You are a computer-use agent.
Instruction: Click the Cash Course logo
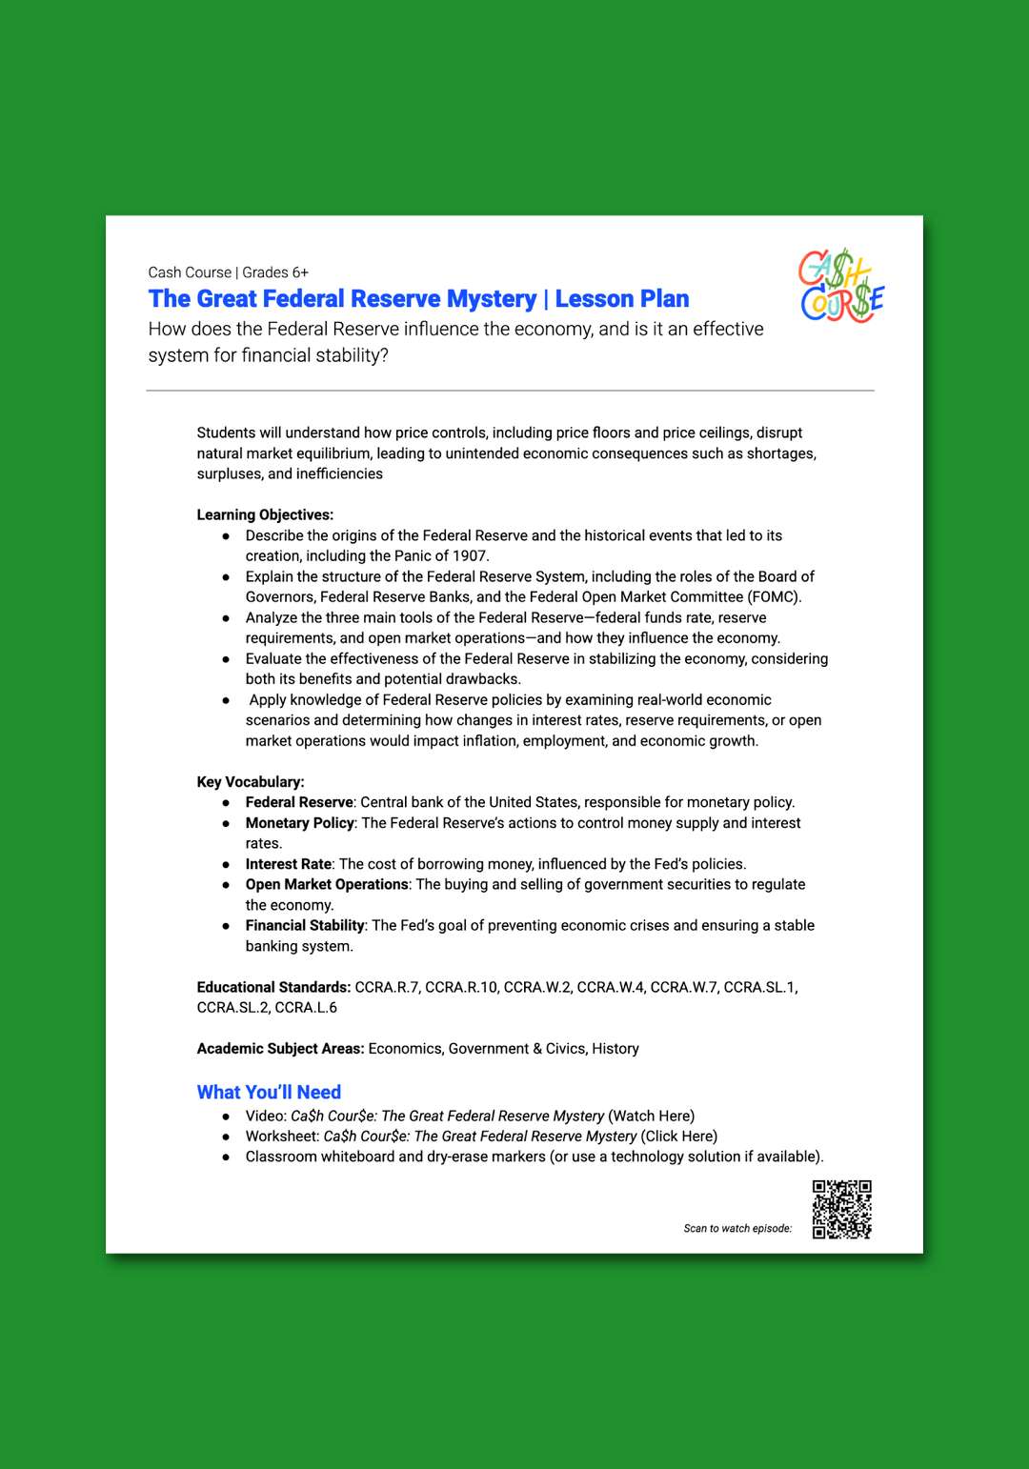(x=841, y=286)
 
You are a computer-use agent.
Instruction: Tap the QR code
(x=841, y=1209)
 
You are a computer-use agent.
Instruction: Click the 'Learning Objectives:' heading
(x=265, y=514)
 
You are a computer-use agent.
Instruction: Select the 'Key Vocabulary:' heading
(x=251, y=781)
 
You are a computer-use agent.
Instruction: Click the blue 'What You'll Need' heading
(x=269, y=1092)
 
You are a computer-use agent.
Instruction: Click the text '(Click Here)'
(x=678, y=1136)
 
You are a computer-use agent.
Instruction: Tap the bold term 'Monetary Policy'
(x=299, y=823)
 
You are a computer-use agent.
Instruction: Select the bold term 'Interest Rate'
(x=289, y=864)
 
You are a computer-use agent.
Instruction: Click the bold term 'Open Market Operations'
(x=327, y=884)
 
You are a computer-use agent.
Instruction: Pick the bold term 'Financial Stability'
(x=305, y=925)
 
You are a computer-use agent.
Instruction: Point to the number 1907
(x=471, y=555)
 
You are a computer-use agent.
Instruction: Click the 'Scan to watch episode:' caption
(x=737, y=1228)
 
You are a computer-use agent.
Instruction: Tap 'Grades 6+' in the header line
(x=275, y=272)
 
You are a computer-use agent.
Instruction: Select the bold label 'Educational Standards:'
(x=273, y=987)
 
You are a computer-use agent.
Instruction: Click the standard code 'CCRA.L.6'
(x=306, y=1007)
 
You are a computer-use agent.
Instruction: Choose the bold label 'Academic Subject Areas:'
(x=280, y=1048)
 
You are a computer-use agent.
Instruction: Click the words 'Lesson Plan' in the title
(x=621, y=299)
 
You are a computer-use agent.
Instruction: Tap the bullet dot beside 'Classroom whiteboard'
(x=226, y=1157)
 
